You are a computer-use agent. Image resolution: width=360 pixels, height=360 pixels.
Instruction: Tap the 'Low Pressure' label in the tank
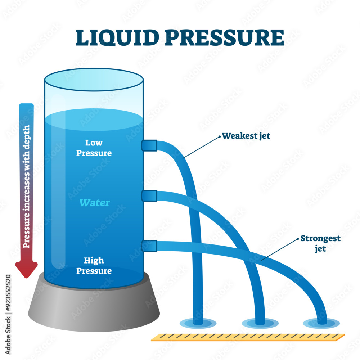94,148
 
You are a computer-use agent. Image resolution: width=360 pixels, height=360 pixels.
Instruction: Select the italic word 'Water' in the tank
94,203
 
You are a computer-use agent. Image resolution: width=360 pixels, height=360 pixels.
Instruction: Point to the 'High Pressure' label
94,265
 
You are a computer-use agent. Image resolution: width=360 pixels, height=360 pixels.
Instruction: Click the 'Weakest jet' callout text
246,136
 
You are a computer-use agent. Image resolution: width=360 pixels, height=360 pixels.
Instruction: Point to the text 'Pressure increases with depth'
27,186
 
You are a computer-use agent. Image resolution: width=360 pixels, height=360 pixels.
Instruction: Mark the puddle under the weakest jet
198,323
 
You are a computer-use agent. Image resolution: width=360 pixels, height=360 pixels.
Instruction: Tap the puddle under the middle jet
260,323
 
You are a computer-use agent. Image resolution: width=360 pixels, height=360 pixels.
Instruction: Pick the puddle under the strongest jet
321,323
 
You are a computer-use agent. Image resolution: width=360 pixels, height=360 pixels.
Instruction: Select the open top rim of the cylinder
94,80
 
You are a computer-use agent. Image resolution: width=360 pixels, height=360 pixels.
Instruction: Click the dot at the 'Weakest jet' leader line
219,136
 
